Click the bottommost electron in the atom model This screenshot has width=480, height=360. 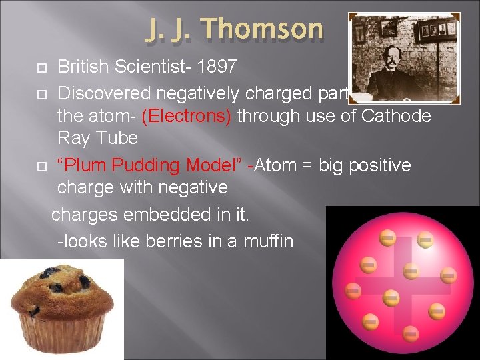tap(411, 333)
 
